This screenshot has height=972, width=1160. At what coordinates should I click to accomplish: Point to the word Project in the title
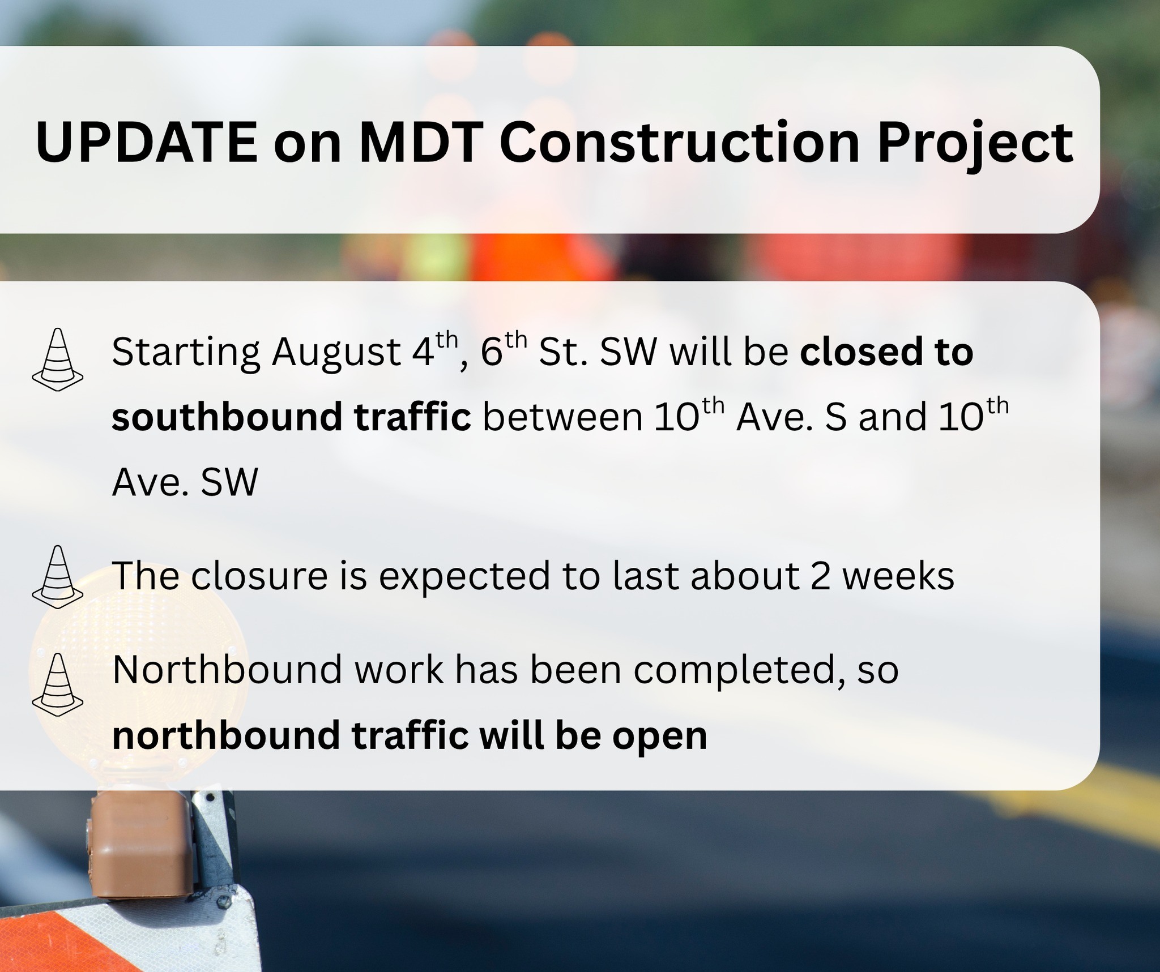(975, 145)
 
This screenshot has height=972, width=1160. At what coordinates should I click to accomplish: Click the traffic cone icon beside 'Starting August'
(57, 360)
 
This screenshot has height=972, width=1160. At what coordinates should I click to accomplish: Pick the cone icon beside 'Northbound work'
(57, 685)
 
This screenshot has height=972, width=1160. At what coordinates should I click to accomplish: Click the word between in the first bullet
(562, 417)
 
